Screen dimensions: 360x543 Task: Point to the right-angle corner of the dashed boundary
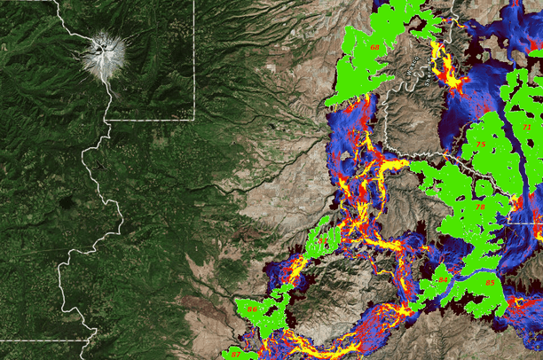click(193, 118)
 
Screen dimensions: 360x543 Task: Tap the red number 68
click(374, 47)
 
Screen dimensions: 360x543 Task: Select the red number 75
click(480, 144)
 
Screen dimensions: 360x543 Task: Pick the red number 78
click(480, 206)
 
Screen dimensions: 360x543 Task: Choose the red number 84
click(443, 280)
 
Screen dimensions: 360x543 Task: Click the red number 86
click(253, 309)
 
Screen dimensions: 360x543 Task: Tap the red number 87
click(235, 354)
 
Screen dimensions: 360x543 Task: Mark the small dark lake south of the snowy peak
click(105, 163)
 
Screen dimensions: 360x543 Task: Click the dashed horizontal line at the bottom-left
click(44, 340)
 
